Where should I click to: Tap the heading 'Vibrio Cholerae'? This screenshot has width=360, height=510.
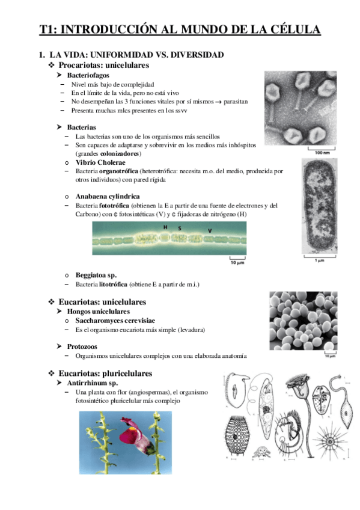coord(100,163)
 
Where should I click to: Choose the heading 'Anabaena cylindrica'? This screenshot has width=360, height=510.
coord(108,197)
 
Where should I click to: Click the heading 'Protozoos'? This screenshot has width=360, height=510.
coord(82,346)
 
